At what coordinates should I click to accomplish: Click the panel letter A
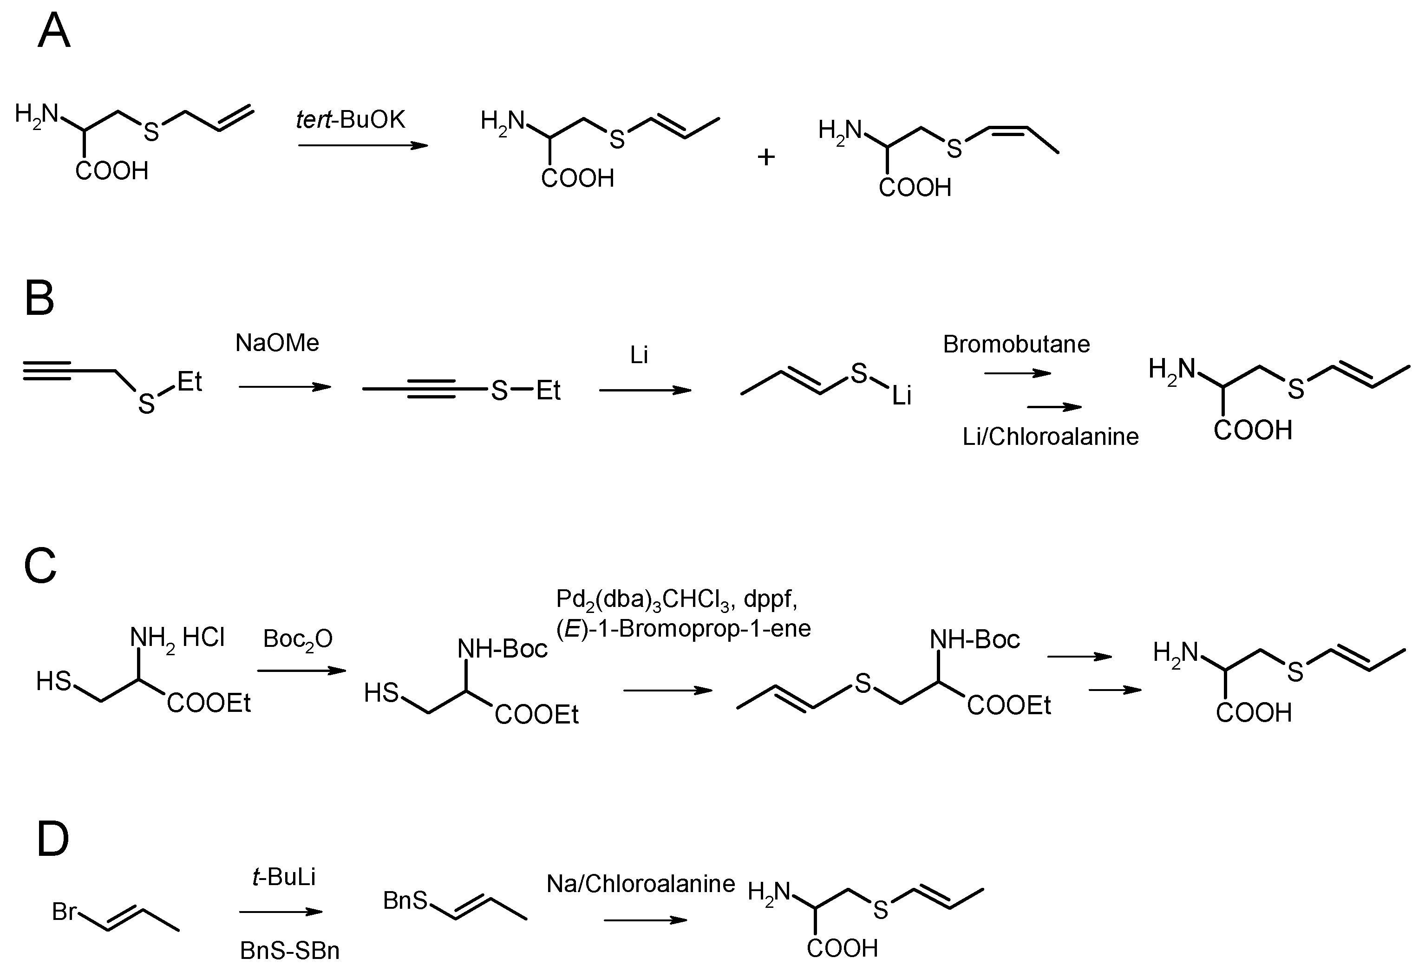[x=54, y=31]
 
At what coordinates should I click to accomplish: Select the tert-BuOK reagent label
[x=351, y=119]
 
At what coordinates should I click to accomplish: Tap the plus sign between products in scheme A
[x=766, y=157]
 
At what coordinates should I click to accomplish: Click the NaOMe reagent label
[x=277, y=343]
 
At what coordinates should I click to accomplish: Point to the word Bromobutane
[x=1016, y=345]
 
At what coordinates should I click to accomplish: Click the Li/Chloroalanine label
[x=1050, y=437]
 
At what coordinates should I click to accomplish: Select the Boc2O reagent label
[x=298, y=639]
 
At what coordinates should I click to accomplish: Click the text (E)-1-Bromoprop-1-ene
[x=683, y=628]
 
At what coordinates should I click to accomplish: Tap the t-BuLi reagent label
[x=284, y=877]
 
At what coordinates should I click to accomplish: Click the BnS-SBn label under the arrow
[x=289, y=951]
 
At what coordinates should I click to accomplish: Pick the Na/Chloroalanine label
[x=641, y=884]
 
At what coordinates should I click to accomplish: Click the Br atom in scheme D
[x=64, y=912]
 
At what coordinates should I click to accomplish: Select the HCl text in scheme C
[x=203, y=638]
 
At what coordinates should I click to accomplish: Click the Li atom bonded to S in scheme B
[x=902, y=397]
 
